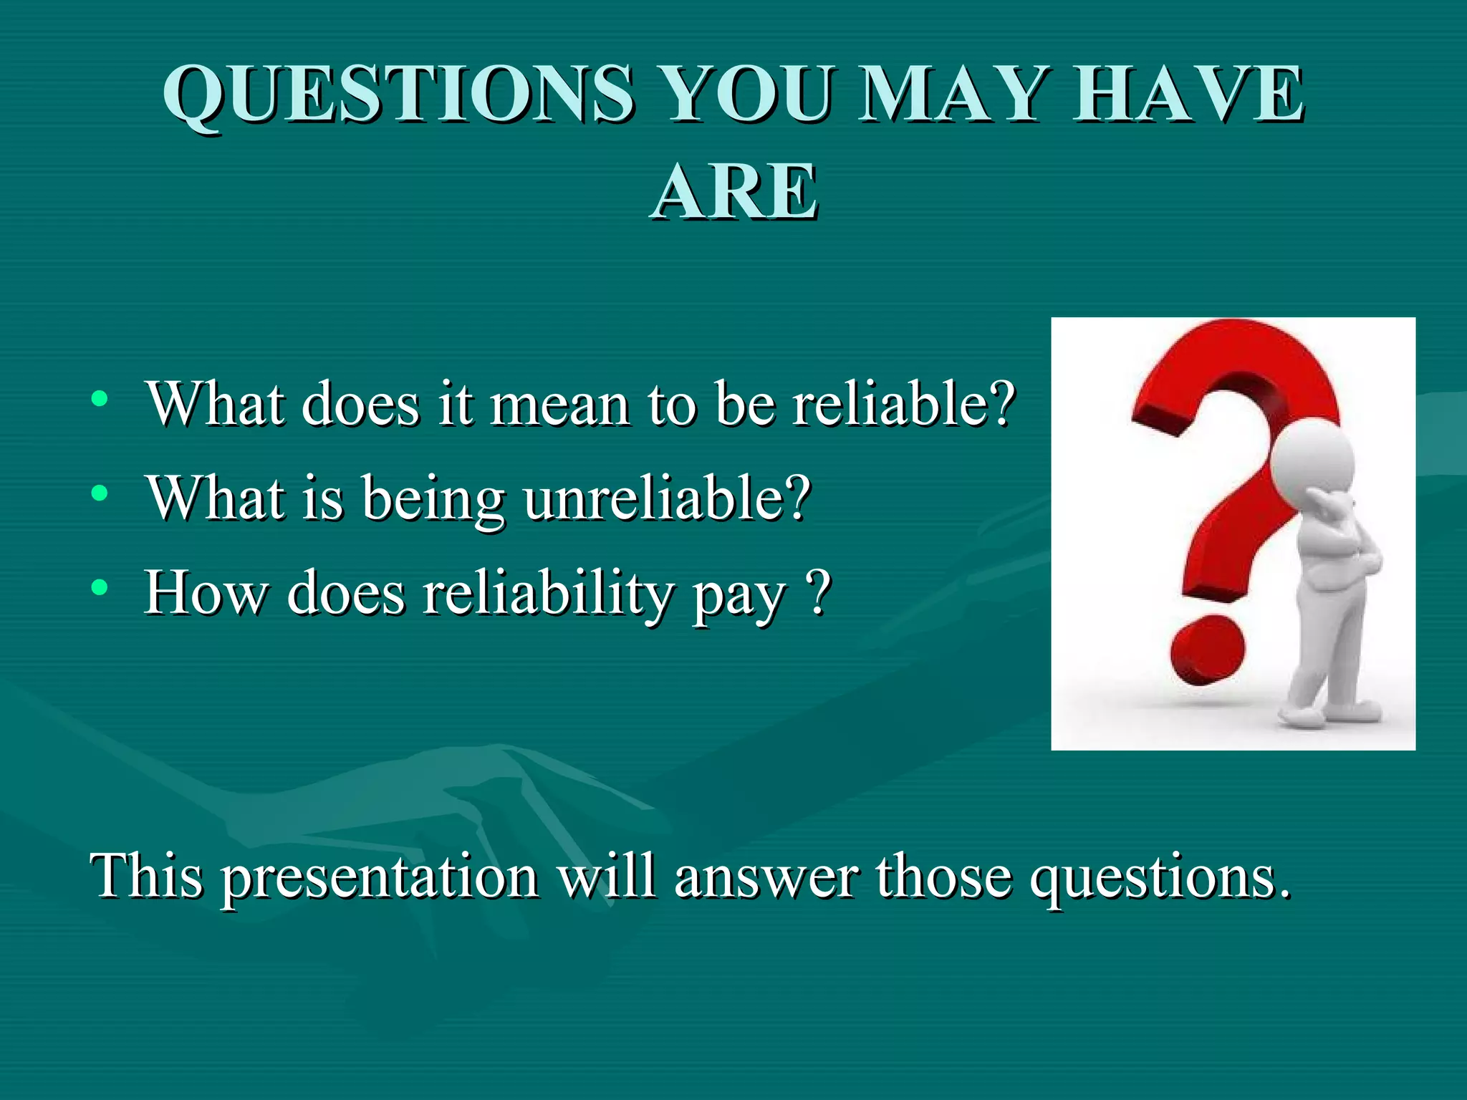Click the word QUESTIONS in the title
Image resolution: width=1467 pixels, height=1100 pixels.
[398, 95]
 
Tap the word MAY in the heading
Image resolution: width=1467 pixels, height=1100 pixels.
[950, 95]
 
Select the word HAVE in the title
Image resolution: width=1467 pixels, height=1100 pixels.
[1188, 95]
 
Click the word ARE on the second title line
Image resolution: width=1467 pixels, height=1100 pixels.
[733, 192]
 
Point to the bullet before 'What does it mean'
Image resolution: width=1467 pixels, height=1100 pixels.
[100, 399]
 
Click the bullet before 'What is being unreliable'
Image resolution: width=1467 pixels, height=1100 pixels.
[100, 493]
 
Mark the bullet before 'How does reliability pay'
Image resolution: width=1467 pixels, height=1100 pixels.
[100, 588]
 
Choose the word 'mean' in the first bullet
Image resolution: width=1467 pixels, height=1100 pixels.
[559, 405]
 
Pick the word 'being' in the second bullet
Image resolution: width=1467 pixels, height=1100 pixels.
[433, 500]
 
